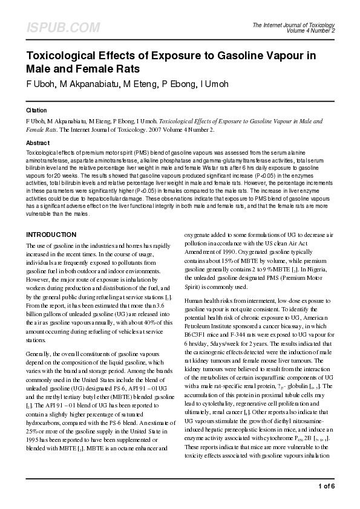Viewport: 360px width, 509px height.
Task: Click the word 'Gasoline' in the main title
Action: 240,57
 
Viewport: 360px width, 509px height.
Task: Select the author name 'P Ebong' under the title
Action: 176,83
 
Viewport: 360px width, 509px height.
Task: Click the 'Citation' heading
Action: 37,111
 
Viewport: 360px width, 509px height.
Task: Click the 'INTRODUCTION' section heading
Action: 51,234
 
